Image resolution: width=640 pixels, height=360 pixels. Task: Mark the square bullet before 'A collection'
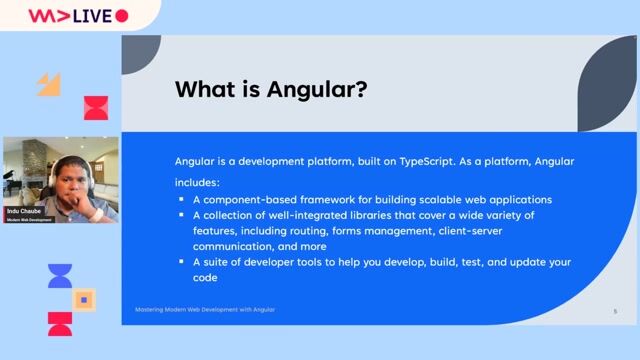(181, 216)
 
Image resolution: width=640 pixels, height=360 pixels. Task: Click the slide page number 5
(615, 311)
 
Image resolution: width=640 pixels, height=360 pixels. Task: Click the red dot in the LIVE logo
(122, 15)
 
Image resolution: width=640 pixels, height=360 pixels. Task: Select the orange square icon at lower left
(85, 299)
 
